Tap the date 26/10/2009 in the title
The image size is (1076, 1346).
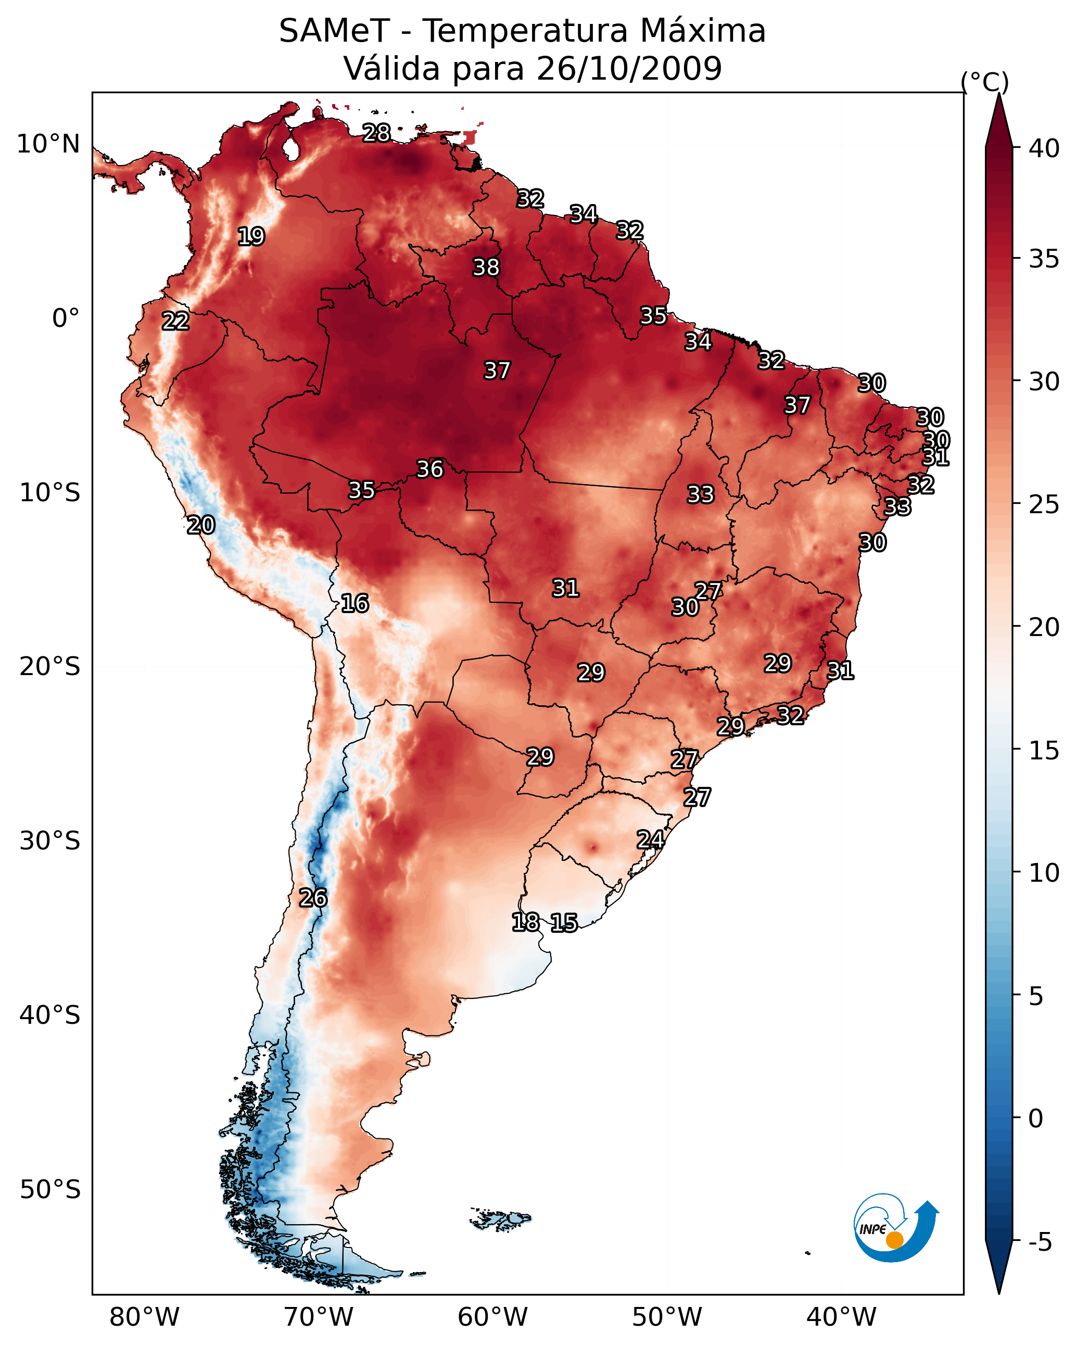pyautogui.click(x=629, y=69)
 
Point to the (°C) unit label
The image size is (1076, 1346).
pyautogui.click(x=985, y=82)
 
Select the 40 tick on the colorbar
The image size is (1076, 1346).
pyautogui.click(x=1044, y=148)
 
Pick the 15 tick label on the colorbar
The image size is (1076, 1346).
pyautogui.click(x=1044, y=751)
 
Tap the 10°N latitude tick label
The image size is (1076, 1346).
pyautogui.click(x=48, y=144)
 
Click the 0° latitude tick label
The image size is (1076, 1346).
pyautogui.click(x=66, y=319)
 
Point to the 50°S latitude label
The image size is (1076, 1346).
pyautogui.click(x=50, y=1190)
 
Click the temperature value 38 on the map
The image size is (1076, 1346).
pyautogui.click(x=487, y=267)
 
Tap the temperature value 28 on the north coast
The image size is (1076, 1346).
pyautogui.click(x=376, y=133)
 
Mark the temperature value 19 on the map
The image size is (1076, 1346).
pyautogui.click(x=251, y=237)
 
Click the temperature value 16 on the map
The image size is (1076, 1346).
pyautogui.click(x=355, y=603)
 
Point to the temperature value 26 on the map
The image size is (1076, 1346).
pyautogui.click(x=313, y=898)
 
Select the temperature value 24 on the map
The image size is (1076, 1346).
pyautogui.click(x=650, y=840)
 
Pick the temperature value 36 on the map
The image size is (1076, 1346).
pyautogui.click(x=431, y=469)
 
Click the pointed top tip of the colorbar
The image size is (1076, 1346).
pyautogui.click(x=998, y=93)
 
